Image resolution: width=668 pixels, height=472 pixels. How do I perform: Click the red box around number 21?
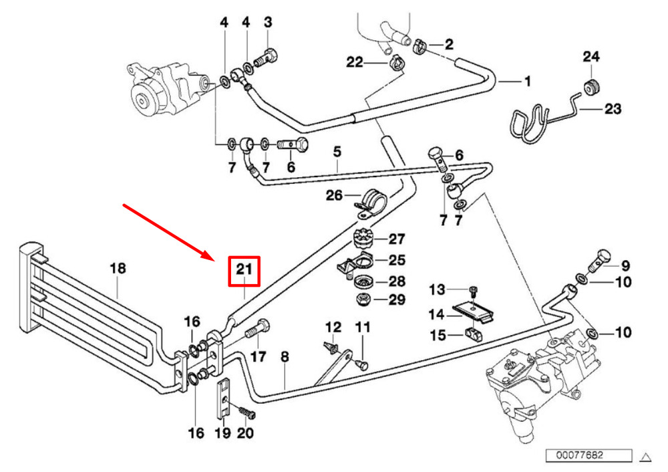tap(244, 271)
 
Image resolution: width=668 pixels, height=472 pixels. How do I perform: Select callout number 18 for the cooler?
tap(118, 268)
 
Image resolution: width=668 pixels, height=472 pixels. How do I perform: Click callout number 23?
tap(613, 109)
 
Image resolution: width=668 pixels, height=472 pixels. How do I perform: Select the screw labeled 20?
tap(247, 412)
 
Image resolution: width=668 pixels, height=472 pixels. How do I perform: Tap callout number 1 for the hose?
tap(528, 81)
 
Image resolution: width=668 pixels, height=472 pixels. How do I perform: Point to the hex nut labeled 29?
tap(363, 299)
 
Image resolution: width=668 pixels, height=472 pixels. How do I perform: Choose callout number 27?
tap(397, 239)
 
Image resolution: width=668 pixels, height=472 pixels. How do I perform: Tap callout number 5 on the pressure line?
tap(337, 151)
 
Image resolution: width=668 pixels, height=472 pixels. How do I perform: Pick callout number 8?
tap(285, 357)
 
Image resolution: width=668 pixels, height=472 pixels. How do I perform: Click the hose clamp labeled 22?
tap(397, 63)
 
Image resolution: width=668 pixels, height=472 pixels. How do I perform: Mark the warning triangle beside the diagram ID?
tap(646, 458)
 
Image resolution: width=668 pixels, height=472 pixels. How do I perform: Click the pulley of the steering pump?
tap(142, 101)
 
